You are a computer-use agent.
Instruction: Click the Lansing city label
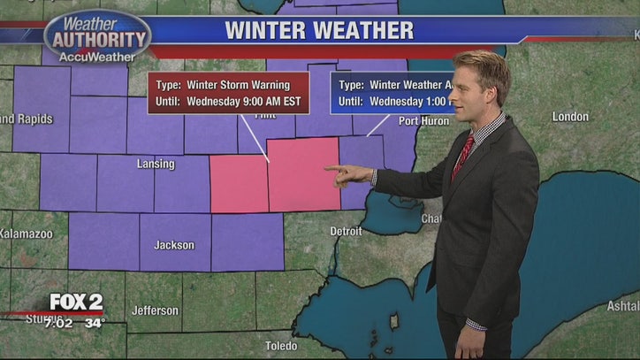[156, 164]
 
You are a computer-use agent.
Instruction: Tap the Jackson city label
[174, 245]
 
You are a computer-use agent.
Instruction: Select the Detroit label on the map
[346, 231]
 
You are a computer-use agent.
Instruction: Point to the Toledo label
[281, 346]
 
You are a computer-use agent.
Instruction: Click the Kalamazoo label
[26, 234]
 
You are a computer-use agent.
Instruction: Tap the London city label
[570, 117]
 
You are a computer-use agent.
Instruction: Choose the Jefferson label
[155, 310]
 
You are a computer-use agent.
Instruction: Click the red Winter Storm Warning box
[229, 93]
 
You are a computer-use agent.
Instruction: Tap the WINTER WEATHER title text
[319, 31]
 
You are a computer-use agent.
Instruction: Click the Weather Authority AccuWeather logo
[97, 37]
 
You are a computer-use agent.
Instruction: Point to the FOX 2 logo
[76, 303]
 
